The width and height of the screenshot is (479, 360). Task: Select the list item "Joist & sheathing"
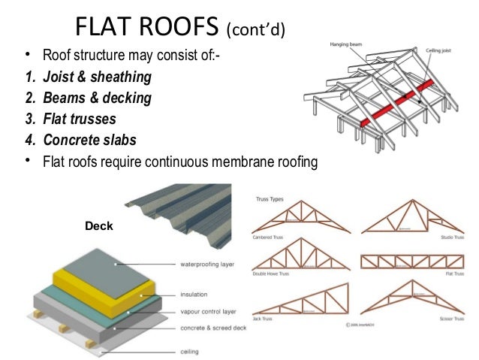tap(97, 77)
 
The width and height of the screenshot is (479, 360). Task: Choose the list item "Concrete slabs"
tap(89, 139)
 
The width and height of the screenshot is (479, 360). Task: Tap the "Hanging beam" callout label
tap(347, 44)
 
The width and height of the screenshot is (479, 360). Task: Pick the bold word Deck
tap(98, 224)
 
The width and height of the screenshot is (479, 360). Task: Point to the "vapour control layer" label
tap(208, 311)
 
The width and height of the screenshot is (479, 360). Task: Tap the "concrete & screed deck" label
tap(212, 328)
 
